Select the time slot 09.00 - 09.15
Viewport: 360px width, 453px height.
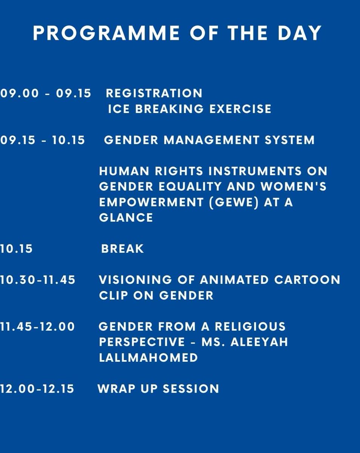point(46,93)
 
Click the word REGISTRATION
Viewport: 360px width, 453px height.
point(154,93)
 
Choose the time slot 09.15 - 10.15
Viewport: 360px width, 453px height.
point(43,140)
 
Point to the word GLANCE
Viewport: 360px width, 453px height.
point(126,218)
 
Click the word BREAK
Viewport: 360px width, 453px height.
point(123,249)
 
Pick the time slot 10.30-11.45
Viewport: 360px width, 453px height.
point(38,280)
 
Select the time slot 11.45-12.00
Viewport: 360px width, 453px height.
point(38,327)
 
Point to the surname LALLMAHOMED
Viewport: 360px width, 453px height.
point(148,357)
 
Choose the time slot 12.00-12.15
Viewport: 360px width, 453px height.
point(37,389)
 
